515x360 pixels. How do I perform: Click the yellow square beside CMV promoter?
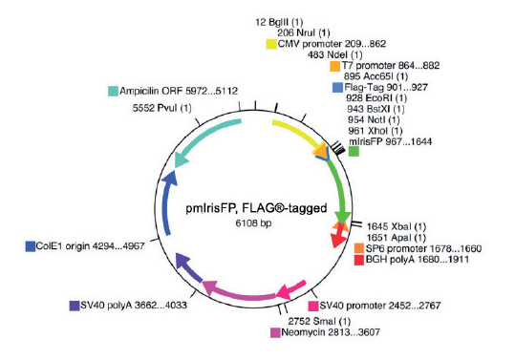pos(271,43)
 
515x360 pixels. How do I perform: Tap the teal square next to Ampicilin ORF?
pos(113,91)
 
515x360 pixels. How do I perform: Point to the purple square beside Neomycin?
pos(275,333)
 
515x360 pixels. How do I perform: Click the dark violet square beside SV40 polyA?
pos(75,306)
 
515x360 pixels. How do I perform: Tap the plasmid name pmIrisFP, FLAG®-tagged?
pos(247,208)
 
